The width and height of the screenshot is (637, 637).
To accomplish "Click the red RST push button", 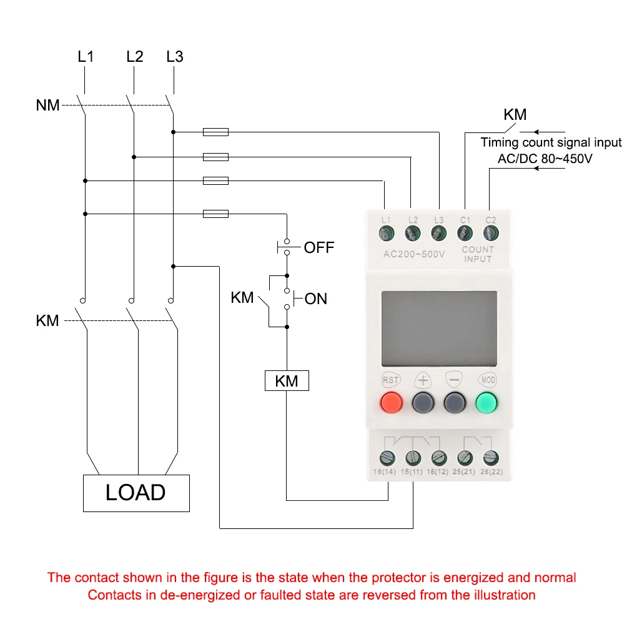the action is click(x=391, y=403).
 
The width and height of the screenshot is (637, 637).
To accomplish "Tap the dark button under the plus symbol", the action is click(x=423, y=403).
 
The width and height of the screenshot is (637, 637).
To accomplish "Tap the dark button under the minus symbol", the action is click(x=455, y=403).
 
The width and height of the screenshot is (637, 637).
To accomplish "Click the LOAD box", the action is click(x=136, y=493).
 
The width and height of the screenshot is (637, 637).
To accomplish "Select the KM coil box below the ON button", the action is click(x=287, y=381).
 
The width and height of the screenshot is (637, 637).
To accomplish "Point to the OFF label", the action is click(x=319, y=247).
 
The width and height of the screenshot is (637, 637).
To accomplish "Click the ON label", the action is click(x=315, y=299).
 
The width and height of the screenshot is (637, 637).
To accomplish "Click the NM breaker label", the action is click(x=47, y=105).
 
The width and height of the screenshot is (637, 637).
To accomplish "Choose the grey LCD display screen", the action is click(x=439, y=328).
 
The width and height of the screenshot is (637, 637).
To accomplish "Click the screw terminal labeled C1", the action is click(x=465, y=233).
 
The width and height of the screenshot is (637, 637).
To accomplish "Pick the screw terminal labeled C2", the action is click(x=491, y=233).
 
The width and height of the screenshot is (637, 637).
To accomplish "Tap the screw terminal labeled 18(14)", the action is click(x=387, y=458).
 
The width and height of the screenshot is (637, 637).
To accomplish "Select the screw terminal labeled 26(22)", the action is click(x=491, y=458).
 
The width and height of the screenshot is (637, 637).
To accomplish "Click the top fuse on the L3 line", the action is click(x=215, y=132).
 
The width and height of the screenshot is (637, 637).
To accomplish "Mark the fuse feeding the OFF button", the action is click(x=215, y=214).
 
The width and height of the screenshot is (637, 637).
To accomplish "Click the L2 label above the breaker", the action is click(x=135, y=56).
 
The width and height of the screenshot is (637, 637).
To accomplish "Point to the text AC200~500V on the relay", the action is click(x=415, y=254).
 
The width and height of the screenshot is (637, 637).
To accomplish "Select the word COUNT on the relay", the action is click(x=478, y=249).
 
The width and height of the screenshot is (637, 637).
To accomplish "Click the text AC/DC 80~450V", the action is click(x=545, y=159).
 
